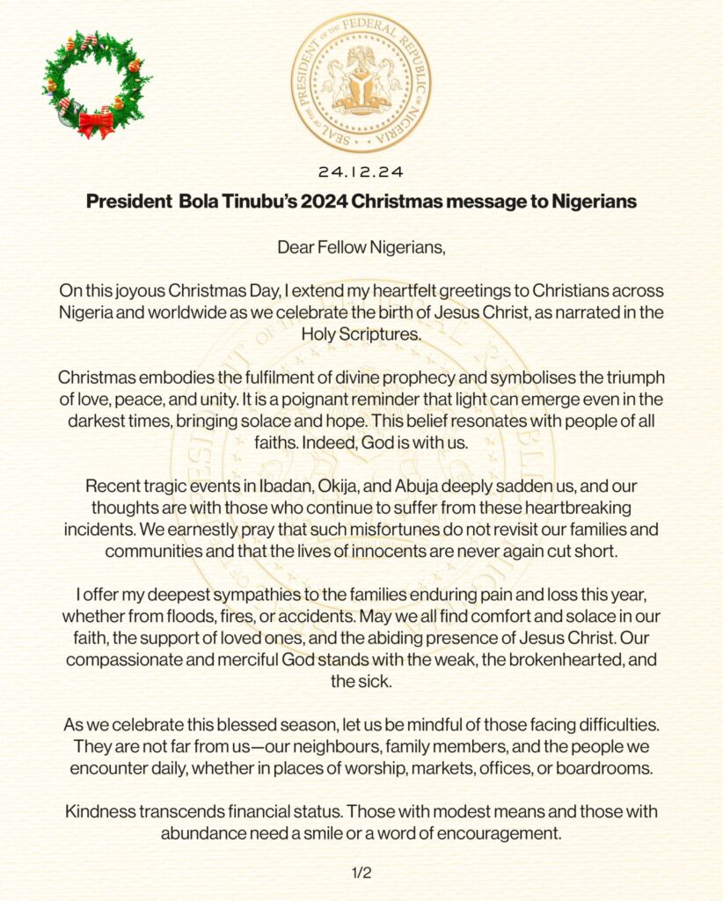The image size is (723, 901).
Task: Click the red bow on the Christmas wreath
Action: coord(96,123)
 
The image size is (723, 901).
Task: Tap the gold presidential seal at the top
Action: coord(361,83)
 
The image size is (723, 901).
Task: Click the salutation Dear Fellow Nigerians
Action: coord(361,246)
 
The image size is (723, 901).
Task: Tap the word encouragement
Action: coord(500,832)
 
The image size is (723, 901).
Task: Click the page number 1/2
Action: coord(361,873)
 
